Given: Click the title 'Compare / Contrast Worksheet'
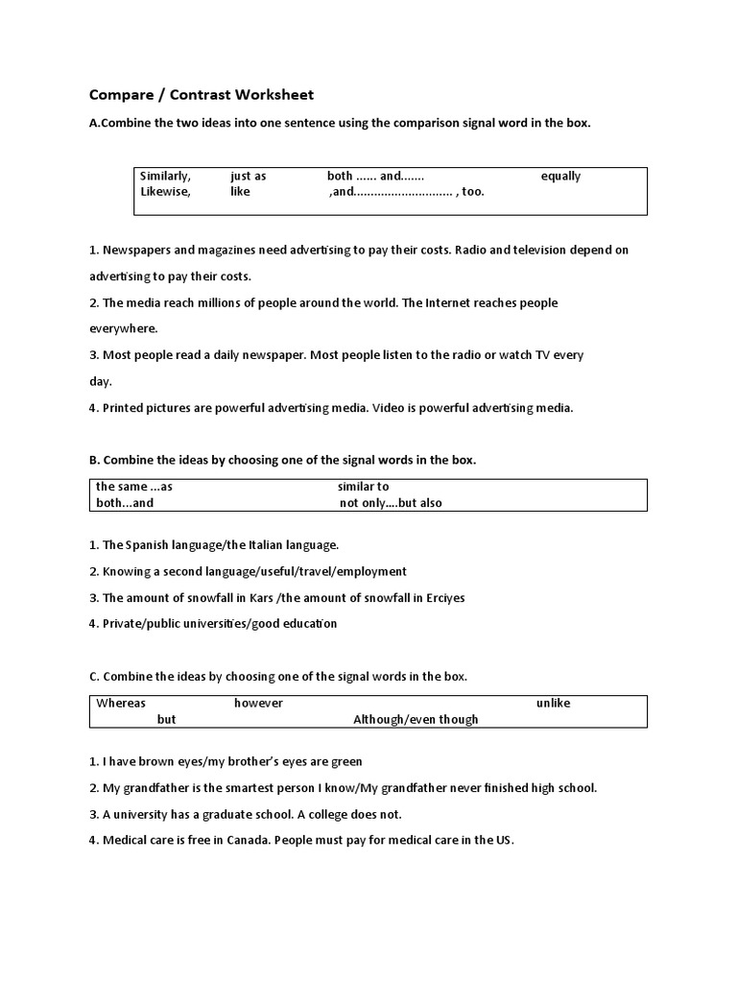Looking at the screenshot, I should click(202, 95).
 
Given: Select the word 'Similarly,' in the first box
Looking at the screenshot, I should click(166, 177).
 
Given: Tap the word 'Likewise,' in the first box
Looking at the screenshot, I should click(165, 192).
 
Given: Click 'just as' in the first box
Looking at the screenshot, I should click(249, 177).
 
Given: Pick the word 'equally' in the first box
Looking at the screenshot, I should click(560, 177).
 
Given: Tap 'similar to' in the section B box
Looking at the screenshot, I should click(364, 487).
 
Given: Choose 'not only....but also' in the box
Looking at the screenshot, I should click(391, 502).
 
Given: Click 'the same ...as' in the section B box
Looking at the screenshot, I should click(134, 487).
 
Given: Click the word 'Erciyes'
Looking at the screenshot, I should click(442, 598).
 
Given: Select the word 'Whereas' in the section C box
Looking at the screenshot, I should click(121, 704).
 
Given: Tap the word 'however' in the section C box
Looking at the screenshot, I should click(259, 704).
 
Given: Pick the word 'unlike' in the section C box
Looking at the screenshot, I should click(554, 704).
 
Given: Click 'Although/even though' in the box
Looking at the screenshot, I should click(416, 719).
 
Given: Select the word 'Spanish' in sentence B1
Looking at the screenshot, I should click(147, 545).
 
